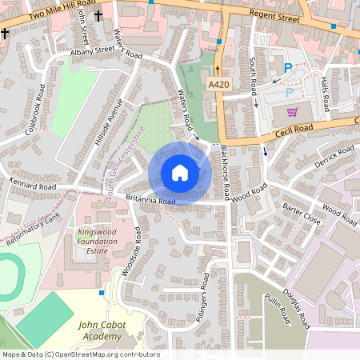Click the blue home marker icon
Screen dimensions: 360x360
coord(180,173)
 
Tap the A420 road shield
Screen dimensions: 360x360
coord(218,84)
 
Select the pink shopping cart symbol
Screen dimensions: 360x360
coord(292,111)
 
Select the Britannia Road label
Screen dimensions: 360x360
coord(150,201)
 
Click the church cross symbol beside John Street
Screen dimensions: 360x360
coord(98,15)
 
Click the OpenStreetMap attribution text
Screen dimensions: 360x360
coord(80,354)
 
